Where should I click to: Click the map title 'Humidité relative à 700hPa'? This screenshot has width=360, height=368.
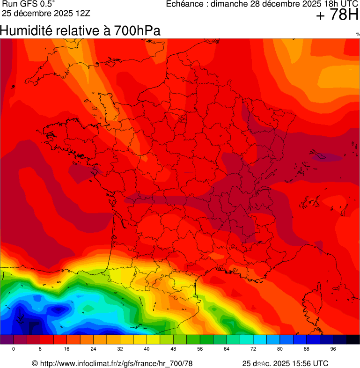80,31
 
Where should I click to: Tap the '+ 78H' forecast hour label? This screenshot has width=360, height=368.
337,15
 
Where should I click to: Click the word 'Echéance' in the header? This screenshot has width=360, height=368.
185,4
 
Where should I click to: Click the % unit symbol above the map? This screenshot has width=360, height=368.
358,34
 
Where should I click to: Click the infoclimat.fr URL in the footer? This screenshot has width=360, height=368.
116,363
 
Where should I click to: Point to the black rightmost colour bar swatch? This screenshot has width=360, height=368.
353,340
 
